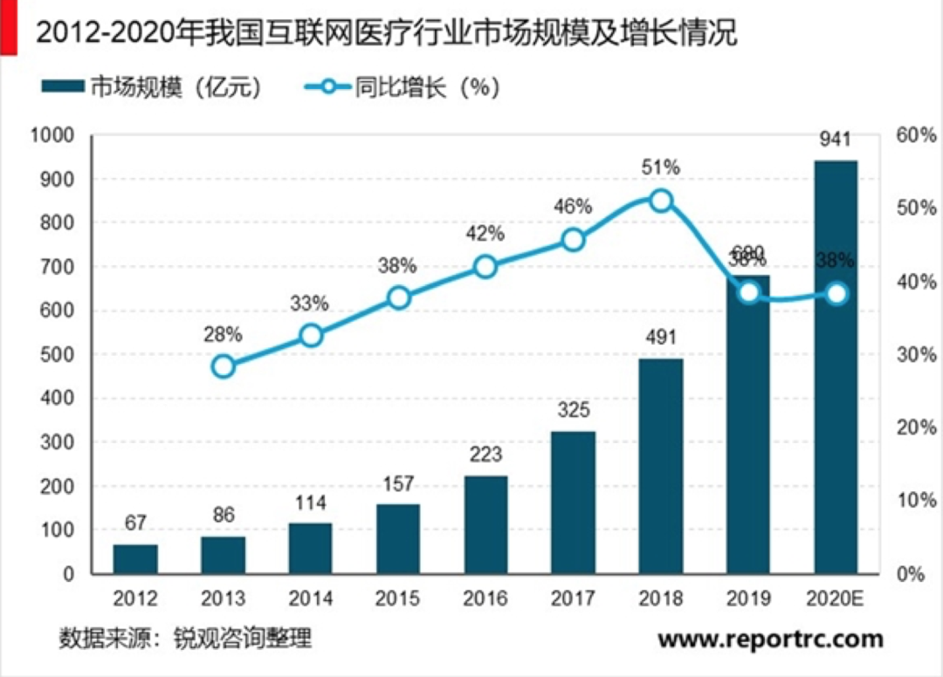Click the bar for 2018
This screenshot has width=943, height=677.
coord(661,466)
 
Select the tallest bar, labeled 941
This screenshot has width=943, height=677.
coord(836,366)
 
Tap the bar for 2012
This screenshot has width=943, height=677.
coord(135,559)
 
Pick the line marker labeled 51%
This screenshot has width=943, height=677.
coord(662,201)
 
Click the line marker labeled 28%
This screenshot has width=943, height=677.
coord(224,366)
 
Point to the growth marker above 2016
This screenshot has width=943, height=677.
coord(486,267)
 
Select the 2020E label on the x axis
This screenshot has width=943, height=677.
coord(836,598)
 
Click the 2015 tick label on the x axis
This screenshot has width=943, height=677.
coord(398,598)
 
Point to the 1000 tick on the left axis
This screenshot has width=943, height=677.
coord(54,135)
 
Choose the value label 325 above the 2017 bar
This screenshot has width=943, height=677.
coord(574,409)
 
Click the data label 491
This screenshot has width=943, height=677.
coord(661,337)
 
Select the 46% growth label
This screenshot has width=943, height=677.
coord(573,207)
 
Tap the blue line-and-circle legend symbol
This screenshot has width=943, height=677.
coord(328,87)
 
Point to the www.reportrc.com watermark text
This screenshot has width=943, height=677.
coord(770,639)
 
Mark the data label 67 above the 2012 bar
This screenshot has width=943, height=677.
coord(135,523)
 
